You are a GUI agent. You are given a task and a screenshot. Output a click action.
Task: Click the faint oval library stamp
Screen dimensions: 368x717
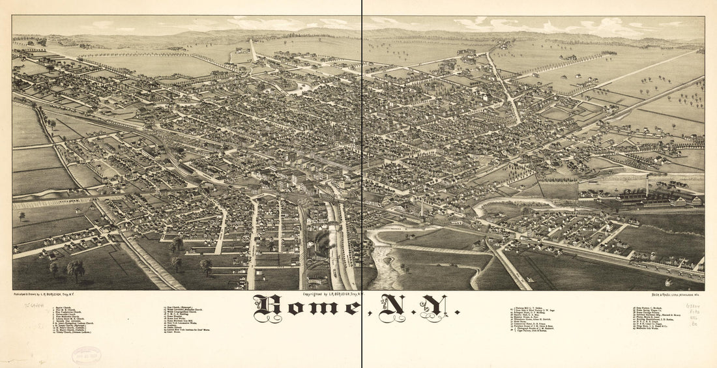(x=86, y=355)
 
